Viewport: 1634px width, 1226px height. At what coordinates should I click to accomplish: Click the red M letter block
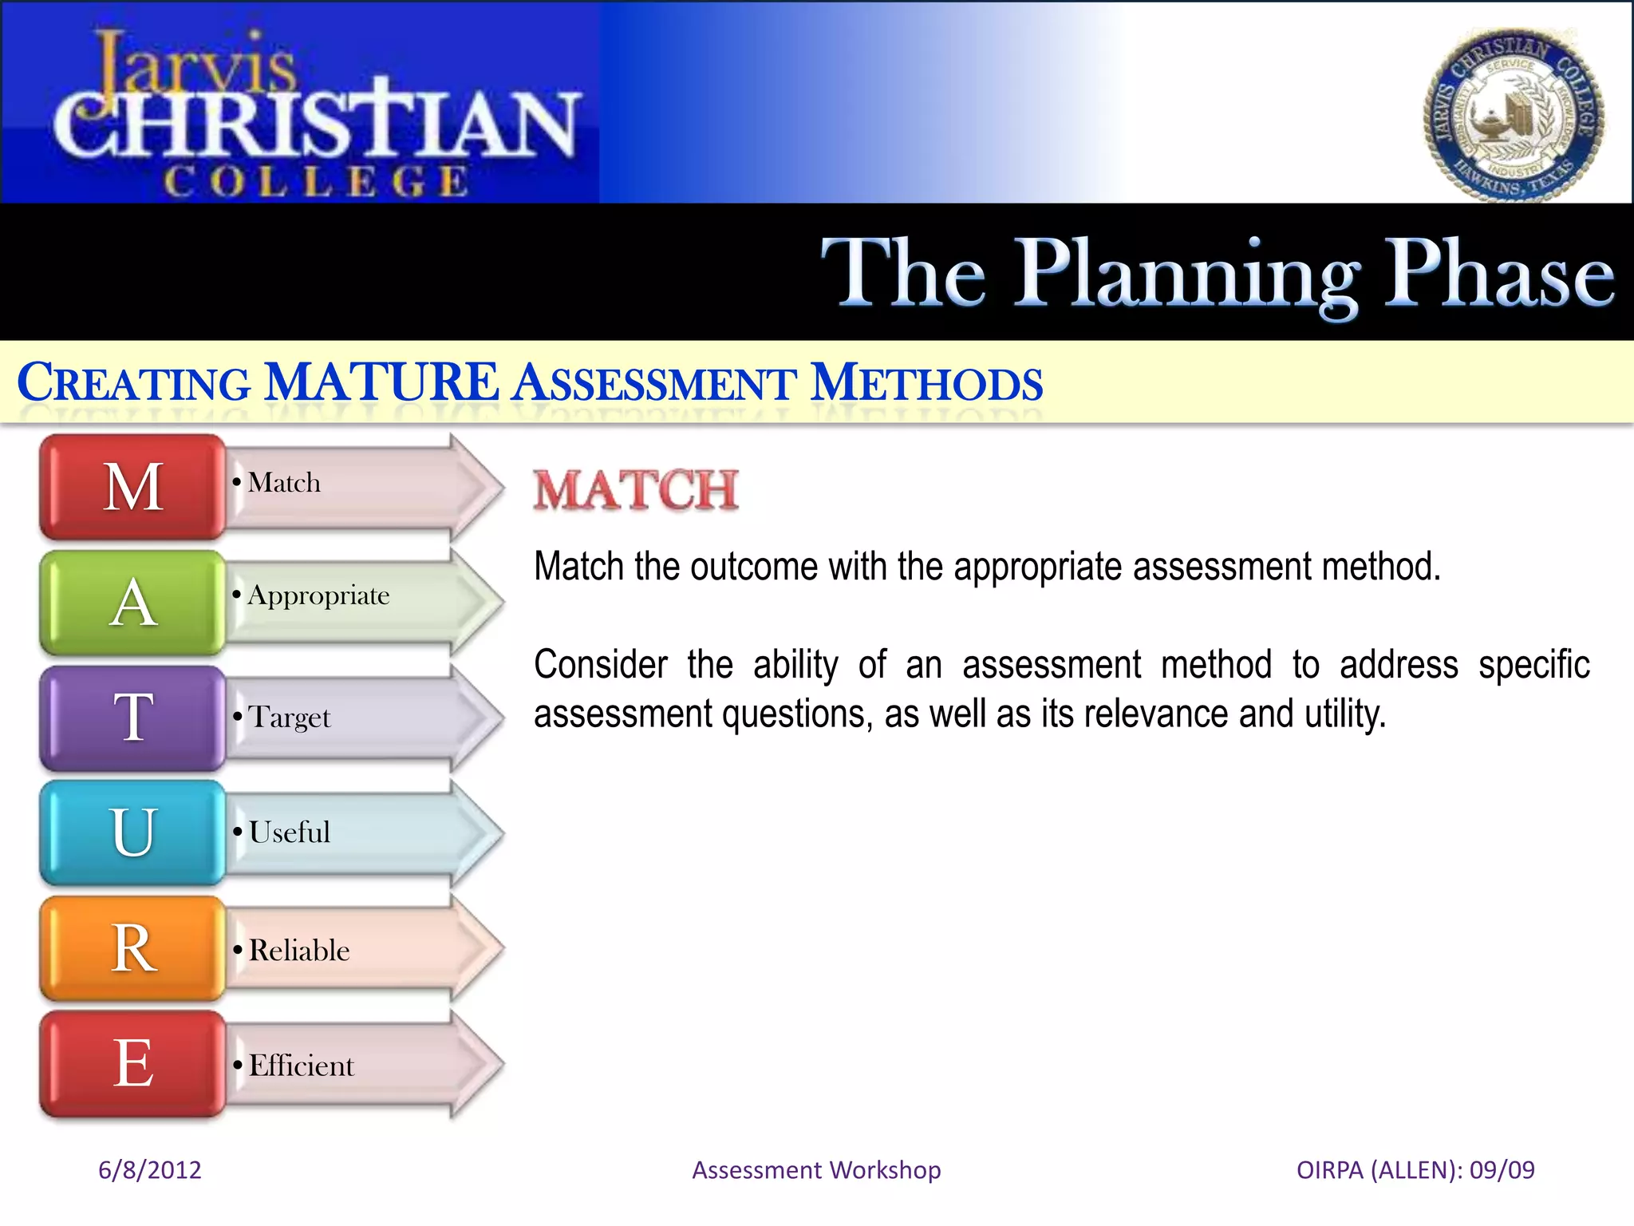coord(133,487)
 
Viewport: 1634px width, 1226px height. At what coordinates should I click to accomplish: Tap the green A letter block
coord(133,603)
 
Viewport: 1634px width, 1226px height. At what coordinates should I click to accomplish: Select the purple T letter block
coord(133,718)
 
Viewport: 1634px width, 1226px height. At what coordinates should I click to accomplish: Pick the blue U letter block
coord(133,832)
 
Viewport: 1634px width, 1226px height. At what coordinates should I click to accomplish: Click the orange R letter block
coord(133,948)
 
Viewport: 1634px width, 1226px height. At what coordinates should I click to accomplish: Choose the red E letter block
coord(133,1063)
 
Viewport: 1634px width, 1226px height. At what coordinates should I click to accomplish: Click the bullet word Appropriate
coord(318,596)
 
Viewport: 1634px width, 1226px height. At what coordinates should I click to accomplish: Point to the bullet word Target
coord(289,718)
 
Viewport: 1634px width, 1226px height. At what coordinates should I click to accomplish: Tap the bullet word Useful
coord(289,832)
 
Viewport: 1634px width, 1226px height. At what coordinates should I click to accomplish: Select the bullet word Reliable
coord(299,951)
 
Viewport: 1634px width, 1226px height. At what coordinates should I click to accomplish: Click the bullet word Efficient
coord(301,1066)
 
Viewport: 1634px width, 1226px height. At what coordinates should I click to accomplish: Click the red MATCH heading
coord(636,490)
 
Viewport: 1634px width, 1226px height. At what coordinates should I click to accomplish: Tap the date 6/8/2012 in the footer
coord(150,1169)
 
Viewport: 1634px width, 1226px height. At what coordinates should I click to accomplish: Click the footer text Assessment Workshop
coord(816,1169)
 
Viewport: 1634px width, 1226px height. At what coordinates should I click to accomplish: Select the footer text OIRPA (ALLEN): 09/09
coord(1415,1169)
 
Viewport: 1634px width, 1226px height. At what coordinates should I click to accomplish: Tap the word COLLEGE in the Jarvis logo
coord(316,182)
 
